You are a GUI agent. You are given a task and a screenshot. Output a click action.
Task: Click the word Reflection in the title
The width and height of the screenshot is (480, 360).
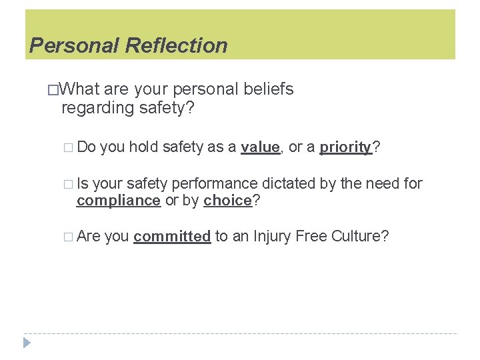coord(176,45)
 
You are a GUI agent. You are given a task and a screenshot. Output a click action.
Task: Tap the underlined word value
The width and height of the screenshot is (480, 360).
coord(260,147)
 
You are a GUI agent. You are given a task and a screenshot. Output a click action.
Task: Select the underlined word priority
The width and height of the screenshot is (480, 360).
coord(345,147)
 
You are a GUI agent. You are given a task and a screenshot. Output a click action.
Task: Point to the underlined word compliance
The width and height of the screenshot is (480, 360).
coord(119,201)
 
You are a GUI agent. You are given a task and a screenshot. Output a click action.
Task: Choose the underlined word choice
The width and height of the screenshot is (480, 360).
coord(227,201)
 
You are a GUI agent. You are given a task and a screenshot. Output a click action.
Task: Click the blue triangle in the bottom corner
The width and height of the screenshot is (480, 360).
coord(27,343)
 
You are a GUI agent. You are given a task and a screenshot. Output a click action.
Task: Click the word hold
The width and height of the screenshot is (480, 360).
coord(143,147)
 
